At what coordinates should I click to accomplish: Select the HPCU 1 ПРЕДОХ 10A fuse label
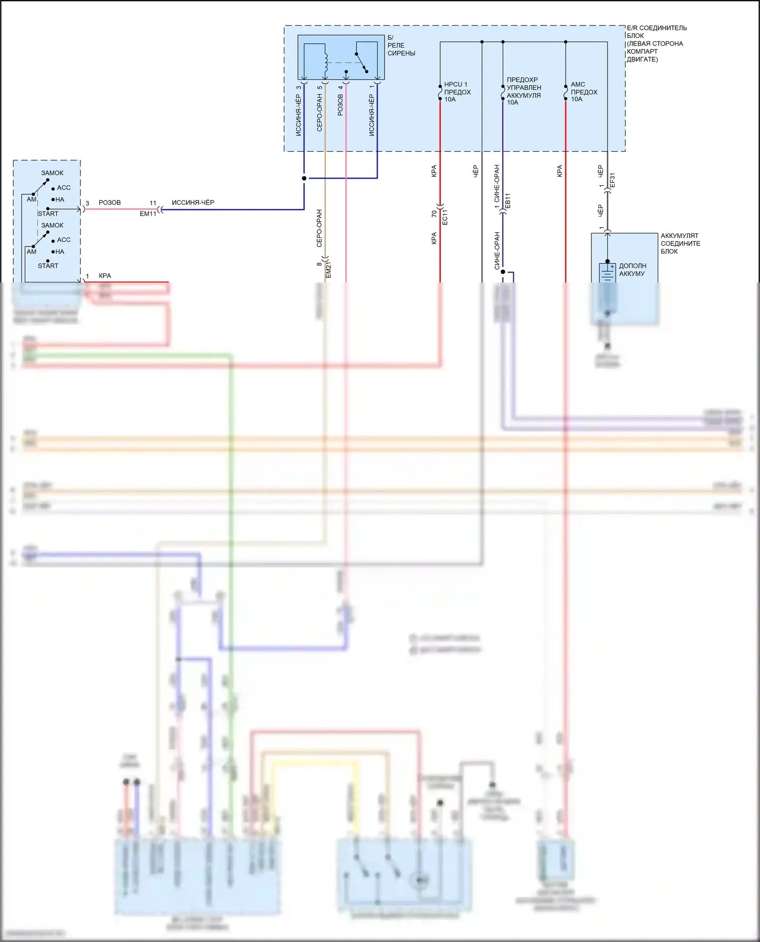point(457,92)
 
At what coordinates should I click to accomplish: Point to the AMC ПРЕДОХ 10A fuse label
point(584,92)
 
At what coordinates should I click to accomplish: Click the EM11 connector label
point(148,214)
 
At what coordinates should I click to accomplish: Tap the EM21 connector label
point(328,270)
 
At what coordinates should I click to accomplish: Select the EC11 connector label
point(445,217)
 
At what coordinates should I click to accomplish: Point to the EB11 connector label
point(508,200)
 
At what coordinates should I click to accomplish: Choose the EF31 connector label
point(612,180)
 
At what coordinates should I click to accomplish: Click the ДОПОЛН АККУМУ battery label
point(632,270)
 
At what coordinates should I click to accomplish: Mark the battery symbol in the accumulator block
point(607,273)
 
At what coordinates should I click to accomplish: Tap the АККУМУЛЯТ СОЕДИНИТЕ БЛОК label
point(680,243)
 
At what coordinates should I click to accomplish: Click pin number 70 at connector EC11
point(434,214)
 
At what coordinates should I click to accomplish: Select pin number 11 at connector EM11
point(153,203)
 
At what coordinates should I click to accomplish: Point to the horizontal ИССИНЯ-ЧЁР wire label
point(193,202)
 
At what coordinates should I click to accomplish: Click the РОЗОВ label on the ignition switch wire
point(109,202)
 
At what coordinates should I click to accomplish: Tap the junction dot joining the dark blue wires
point(304,178)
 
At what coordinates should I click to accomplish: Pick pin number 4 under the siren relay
point(340,87)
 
